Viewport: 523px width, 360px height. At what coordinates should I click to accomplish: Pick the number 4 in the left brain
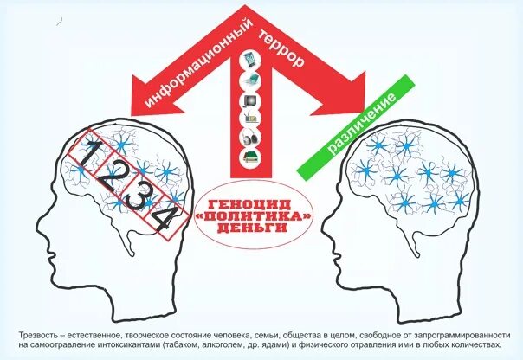click(165, 220)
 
